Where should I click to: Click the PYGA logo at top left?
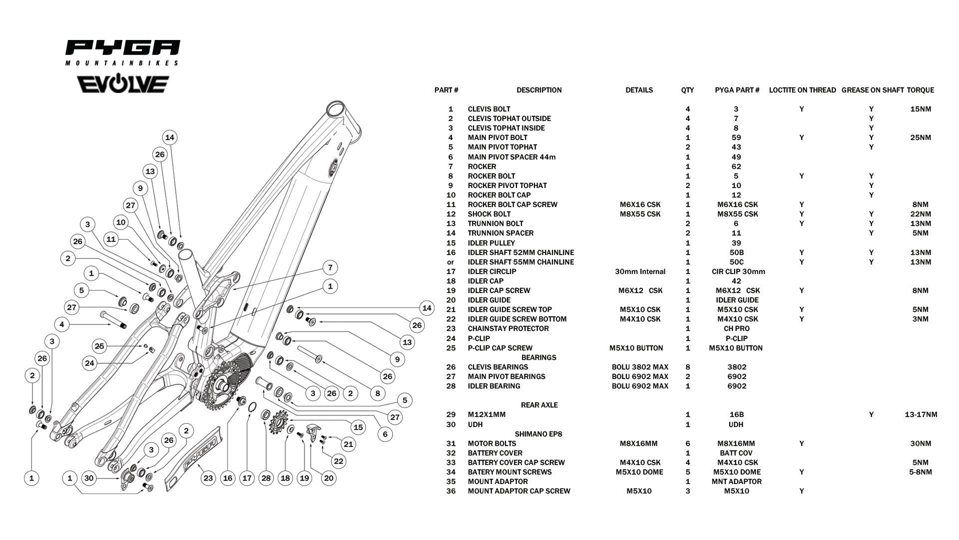pos(122,52)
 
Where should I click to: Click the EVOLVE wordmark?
pos(123,84)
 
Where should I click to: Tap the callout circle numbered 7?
pos(330,267)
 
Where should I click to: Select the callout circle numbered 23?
pos(208,478)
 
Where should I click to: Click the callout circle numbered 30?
pos(89,478)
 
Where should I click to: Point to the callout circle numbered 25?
pos(99,346)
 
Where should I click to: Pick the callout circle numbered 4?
pos(62,324)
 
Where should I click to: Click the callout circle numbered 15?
pos(358,427)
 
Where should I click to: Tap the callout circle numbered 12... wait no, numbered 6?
pos(385,434)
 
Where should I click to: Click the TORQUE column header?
pos(920,90)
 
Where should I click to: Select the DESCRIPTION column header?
pos(539,90)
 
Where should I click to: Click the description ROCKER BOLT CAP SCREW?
pos(512,204)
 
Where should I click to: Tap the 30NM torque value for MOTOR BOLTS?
pos(921,443)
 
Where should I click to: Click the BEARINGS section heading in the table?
pos(539,357)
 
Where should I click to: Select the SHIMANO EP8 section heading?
pos(539,434)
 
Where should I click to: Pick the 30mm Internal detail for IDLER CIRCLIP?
pos(640,271)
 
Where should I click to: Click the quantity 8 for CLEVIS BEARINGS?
pos(688,367)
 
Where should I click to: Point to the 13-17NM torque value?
pos(921,414)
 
